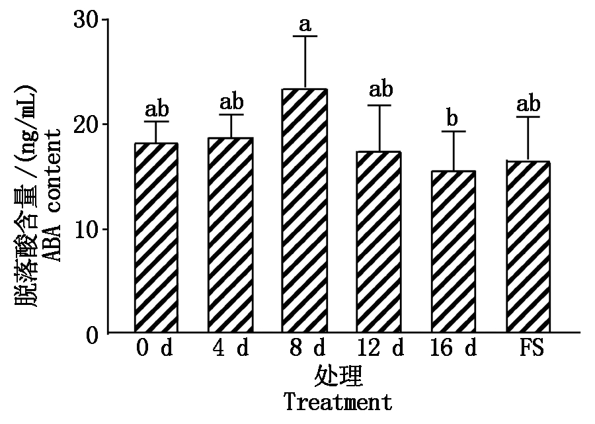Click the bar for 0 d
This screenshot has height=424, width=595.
[x=156, y=238]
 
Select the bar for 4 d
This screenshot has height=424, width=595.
[x=231, y=235]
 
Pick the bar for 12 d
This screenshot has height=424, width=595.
[x=379, y=242]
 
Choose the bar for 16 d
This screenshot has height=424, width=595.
[x=454, y=251]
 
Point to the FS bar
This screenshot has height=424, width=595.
[x=528, y=247]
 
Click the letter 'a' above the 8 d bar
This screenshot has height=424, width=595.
[x=305, y=25]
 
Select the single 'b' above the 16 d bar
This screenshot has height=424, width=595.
[x=454, y=119]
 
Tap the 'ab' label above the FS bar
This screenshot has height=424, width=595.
[x=528, y=105]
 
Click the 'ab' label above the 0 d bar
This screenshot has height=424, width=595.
[x=156, y=109]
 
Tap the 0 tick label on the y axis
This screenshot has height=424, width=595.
[x=93, y=333]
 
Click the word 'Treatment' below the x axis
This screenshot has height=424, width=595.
[x=338, y=402]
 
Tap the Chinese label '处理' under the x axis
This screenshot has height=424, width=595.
[x=338, y=376]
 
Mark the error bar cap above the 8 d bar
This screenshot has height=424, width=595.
[x=305, y=36]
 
